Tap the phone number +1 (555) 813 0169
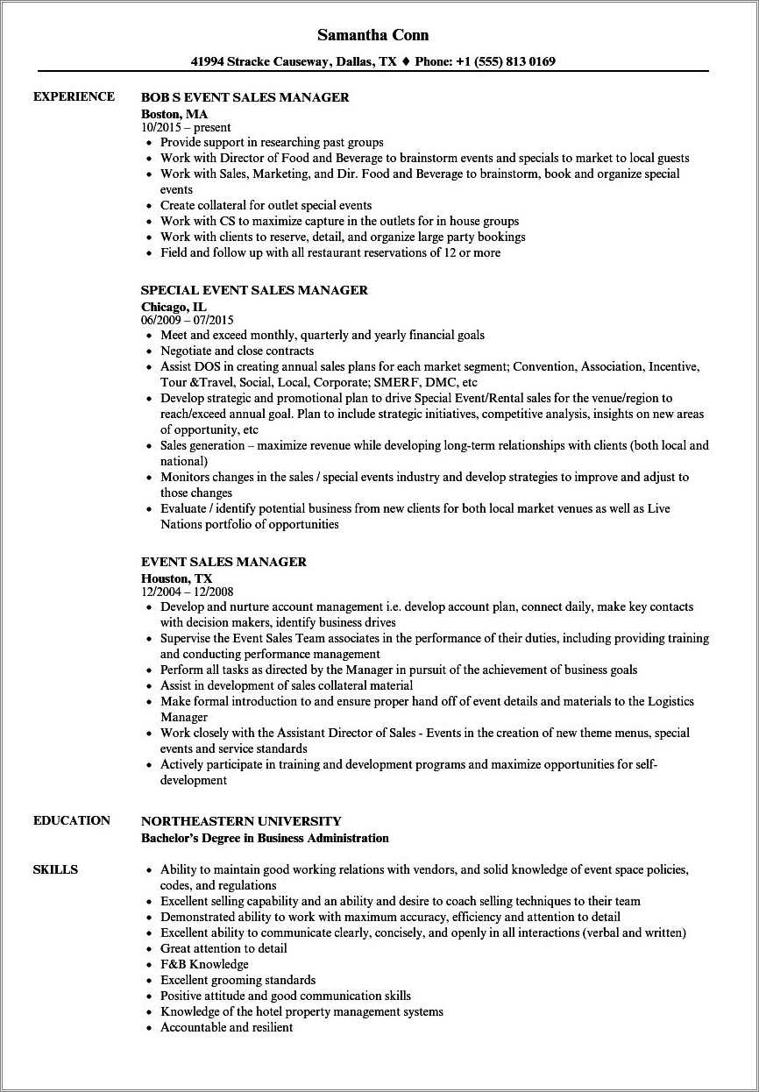[498, 62]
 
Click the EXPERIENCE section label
[74, 96]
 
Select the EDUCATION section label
[72, 820]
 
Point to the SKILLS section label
[55, 869]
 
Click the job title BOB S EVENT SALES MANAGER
[245, 97]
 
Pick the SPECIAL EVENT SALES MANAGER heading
[254, 290]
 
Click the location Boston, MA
[174, 113]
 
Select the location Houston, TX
[176, 578]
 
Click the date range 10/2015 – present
[186, 127]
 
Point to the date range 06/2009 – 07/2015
[187, 320]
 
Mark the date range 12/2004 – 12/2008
[187, 592]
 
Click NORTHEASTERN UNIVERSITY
[241, 821]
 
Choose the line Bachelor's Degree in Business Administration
[265, 838]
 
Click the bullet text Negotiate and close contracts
[238, 351]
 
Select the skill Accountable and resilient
[226, 1027]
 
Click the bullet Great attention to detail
[223, 948]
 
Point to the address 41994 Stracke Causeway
[260, 62]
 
